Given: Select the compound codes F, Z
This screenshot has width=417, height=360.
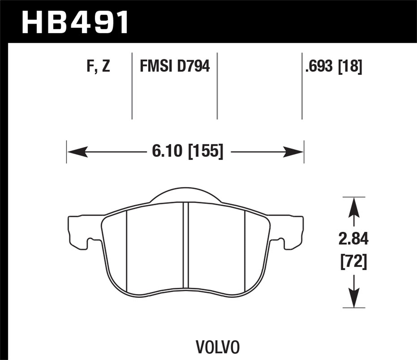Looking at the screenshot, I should pyautogui.click(x=98, y=67).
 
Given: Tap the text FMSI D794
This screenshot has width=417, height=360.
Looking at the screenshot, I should pyautogui.click(x=175, y=67).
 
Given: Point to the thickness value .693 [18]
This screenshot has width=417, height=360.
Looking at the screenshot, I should pyautogui.click(x=334, y=67).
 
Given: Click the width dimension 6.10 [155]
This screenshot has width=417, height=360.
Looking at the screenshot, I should pyautogui.click(x=188, y=152).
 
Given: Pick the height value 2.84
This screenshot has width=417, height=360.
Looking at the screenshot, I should pyautogui.click(x=353, y=239).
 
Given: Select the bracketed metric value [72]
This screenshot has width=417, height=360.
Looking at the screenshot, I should pyautogui.click(x=353, y=262).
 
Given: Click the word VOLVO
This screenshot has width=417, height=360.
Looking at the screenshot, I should pyautogui.click(x=218, y=347).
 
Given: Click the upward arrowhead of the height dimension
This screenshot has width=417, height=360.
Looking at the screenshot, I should pyautogui.click(x=354, y=207).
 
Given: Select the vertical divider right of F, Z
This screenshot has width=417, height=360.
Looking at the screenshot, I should pyautogui.click(x=132, y=86).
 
